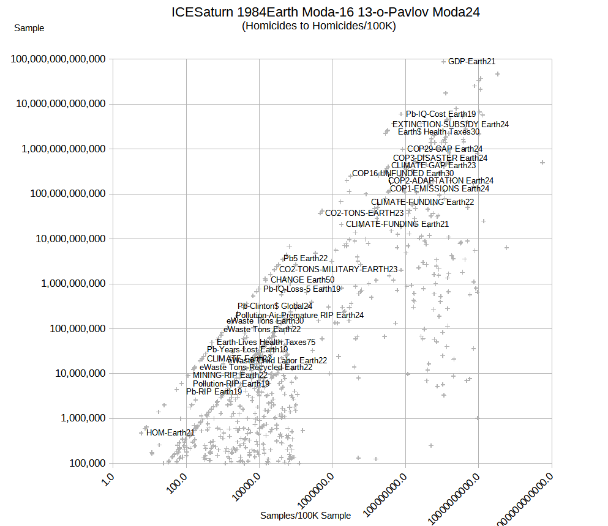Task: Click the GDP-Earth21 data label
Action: tap(471, 61)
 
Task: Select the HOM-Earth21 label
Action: tap(170, 432)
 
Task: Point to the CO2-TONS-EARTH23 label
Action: tap(364, 213)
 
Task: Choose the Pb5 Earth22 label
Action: tap(306, 258)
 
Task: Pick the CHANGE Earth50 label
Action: tap(302, 280)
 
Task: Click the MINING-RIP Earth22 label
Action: tap(230, 375)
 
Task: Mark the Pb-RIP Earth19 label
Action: tap(214, 391)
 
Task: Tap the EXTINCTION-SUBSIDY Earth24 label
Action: tap(450, 124)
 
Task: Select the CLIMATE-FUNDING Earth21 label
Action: tap(397, 224)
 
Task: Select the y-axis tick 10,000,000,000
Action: tap(67, 239)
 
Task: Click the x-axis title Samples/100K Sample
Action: tap(306, 516)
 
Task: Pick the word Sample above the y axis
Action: tap(29, 28)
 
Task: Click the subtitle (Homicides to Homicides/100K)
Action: tap(318, 26)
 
